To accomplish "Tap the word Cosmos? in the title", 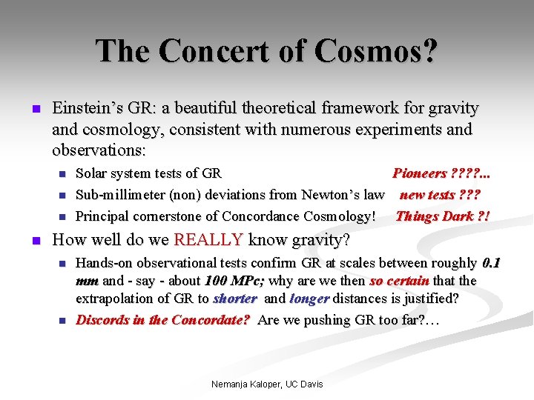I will click(376, 51).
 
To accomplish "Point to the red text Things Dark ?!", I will click(443, 216).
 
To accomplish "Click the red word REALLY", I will click(208, 239).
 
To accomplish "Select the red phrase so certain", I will click(399, 281).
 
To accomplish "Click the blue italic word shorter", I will click(235, 299).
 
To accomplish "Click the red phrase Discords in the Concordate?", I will click(162, 320).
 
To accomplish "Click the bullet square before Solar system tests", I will click(62, 174).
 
